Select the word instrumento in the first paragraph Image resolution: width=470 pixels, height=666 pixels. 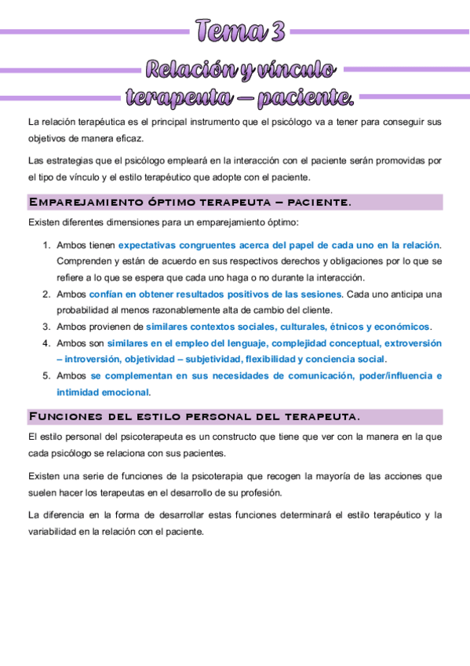[204, 123]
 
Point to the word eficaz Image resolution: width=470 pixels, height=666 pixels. [126, 138]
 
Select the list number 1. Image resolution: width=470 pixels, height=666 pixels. [46, 246]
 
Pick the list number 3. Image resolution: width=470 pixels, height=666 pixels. [46, 327]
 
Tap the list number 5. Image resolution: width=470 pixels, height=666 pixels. [46, 376]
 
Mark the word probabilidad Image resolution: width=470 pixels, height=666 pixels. [85, 310]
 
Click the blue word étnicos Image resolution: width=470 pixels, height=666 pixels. [342, 327]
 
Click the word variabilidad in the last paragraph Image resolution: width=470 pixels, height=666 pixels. [55, 531]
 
